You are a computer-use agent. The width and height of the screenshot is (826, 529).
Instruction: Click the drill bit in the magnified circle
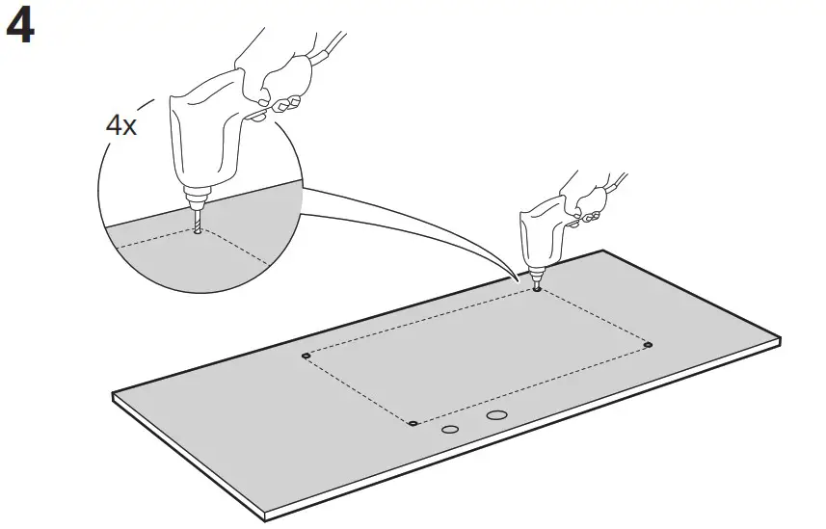pos(196,221)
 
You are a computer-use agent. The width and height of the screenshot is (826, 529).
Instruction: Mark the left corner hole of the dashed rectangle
pos(306,356)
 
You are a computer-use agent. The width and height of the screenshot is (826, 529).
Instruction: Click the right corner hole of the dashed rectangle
pos(648,344)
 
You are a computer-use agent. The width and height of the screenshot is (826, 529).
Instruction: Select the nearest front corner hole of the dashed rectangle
pos(413,422)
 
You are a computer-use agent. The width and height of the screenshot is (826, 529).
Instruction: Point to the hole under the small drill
pos(536,289)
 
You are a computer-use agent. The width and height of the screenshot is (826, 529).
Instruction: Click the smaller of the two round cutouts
pos(450,430)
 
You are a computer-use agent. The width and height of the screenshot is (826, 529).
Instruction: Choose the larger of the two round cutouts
pos(496,415)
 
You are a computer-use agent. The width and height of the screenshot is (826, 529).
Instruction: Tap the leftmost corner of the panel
pos(114,395)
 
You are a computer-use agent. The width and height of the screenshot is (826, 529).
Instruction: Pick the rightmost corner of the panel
pos(779,340)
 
